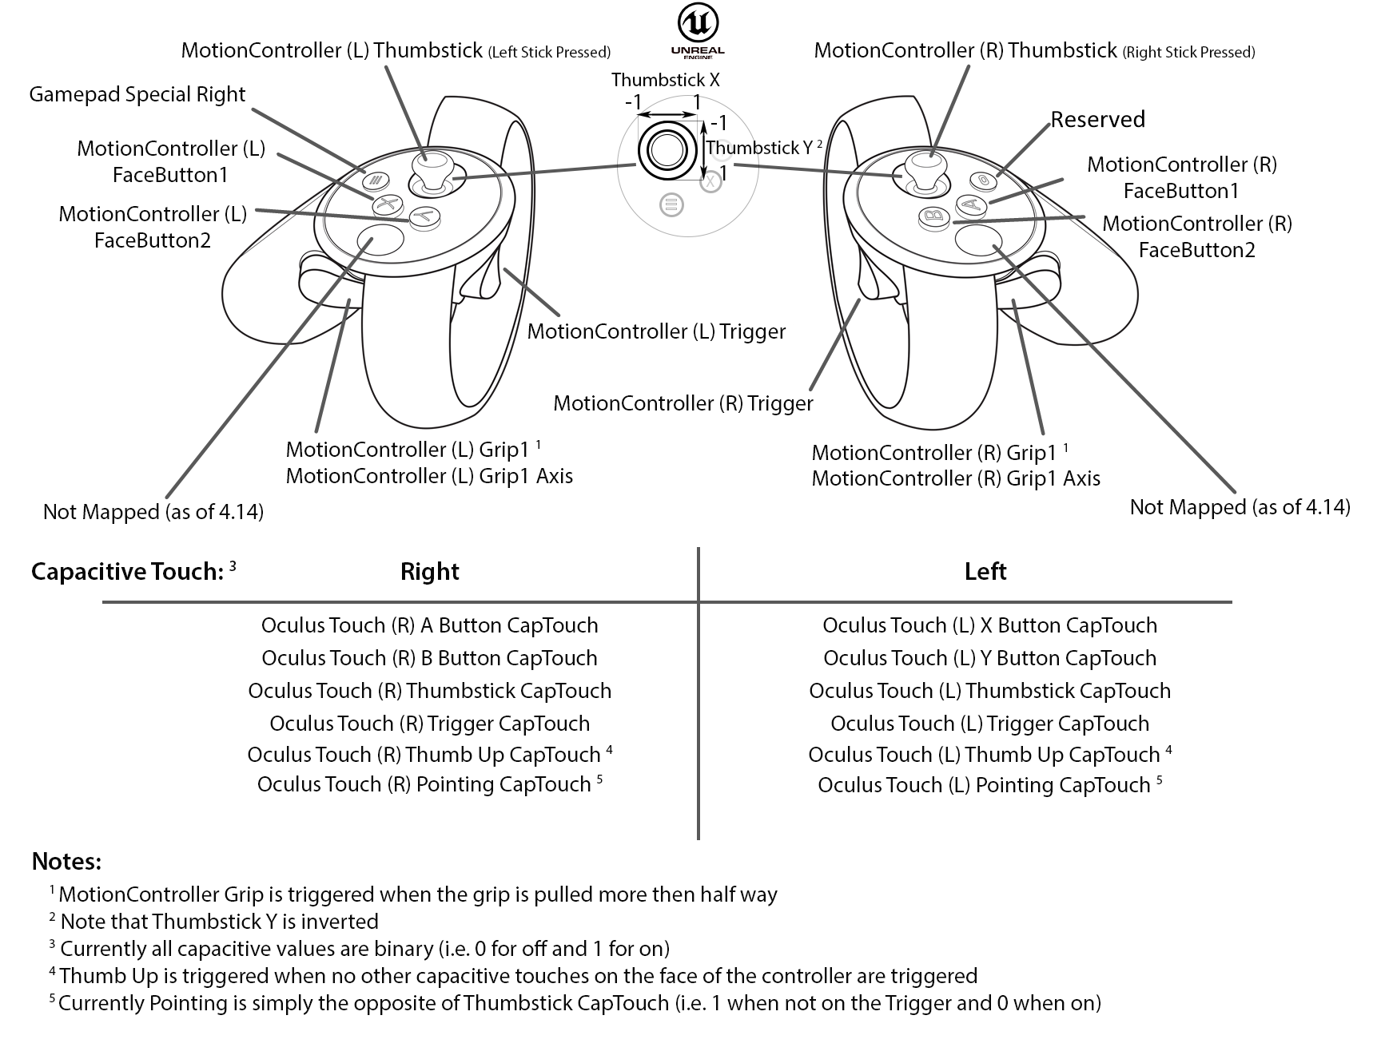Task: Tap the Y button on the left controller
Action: click(425, 216)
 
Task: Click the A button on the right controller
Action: click(969, 204)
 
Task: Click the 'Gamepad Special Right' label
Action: click(137, 94)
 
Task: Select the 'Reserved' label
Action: click(1097, 119)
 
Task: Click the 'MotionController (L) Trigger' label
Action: click(656, 331)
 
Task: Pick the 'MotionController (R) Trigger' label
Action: click(683, 403)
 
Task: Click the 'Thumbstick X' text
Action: click(666, 80)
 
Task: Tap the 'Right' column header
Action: click(429, 572)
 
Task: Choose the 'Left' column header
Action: click(985, 571)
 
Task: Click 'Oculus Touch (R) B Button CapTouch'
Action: click(429, 658)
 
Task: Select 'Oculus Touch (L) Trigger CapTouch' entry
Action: click(989, 724)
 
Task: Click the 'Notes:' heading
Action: click(66, 862)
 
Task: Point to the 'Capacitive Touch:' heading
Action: click(127, 572)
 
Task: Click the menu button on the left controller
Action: click(375, 180)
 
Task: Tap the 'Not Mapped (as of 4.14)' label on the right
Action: click(1240, 507)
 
